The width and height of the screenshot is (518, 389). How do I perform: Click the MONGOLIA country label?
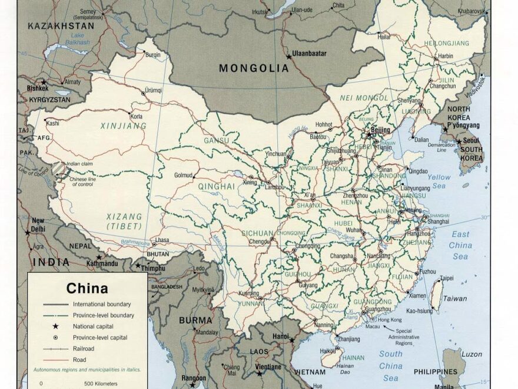(x=254, y=68)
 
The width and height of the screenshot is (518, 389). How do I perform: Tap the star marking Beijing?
(x=370, y=134)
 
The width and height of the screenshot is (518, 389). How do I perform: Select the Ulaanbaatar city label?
(x=310, y=53)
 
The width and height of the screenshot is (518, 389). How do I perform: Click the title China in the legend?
(x=87, y=288)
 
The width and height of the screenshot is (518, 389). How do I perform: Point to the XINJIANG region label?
(x=123, y=126)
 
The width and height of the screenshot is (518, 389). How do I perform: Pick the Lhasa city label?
(x=162, y=240)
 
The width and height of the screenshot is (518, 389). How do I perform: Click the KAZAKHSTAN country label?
(x=52, y=26)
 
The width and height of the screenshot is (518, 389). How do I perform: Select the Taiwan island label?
(x=455, y=298)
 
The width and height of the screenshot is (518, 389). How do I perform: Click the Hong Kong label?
(x=390, y=319)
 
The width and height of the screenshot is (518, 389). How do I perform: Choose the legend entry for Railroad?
(x=85, y=348)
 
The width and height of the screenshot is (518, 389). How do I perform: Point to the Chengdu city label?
(x=260, y=241)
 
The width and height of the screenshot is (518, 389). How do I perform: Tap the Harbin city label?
(x=446, y=56)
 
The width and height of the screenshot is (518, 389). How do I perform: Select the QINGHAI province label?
(x=216, y=186)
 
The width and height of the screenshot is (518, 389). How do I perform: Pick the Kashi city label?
(x=52, y=123)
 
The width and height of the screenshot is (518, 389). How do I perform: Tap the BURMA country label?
(x=195, y=321)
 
